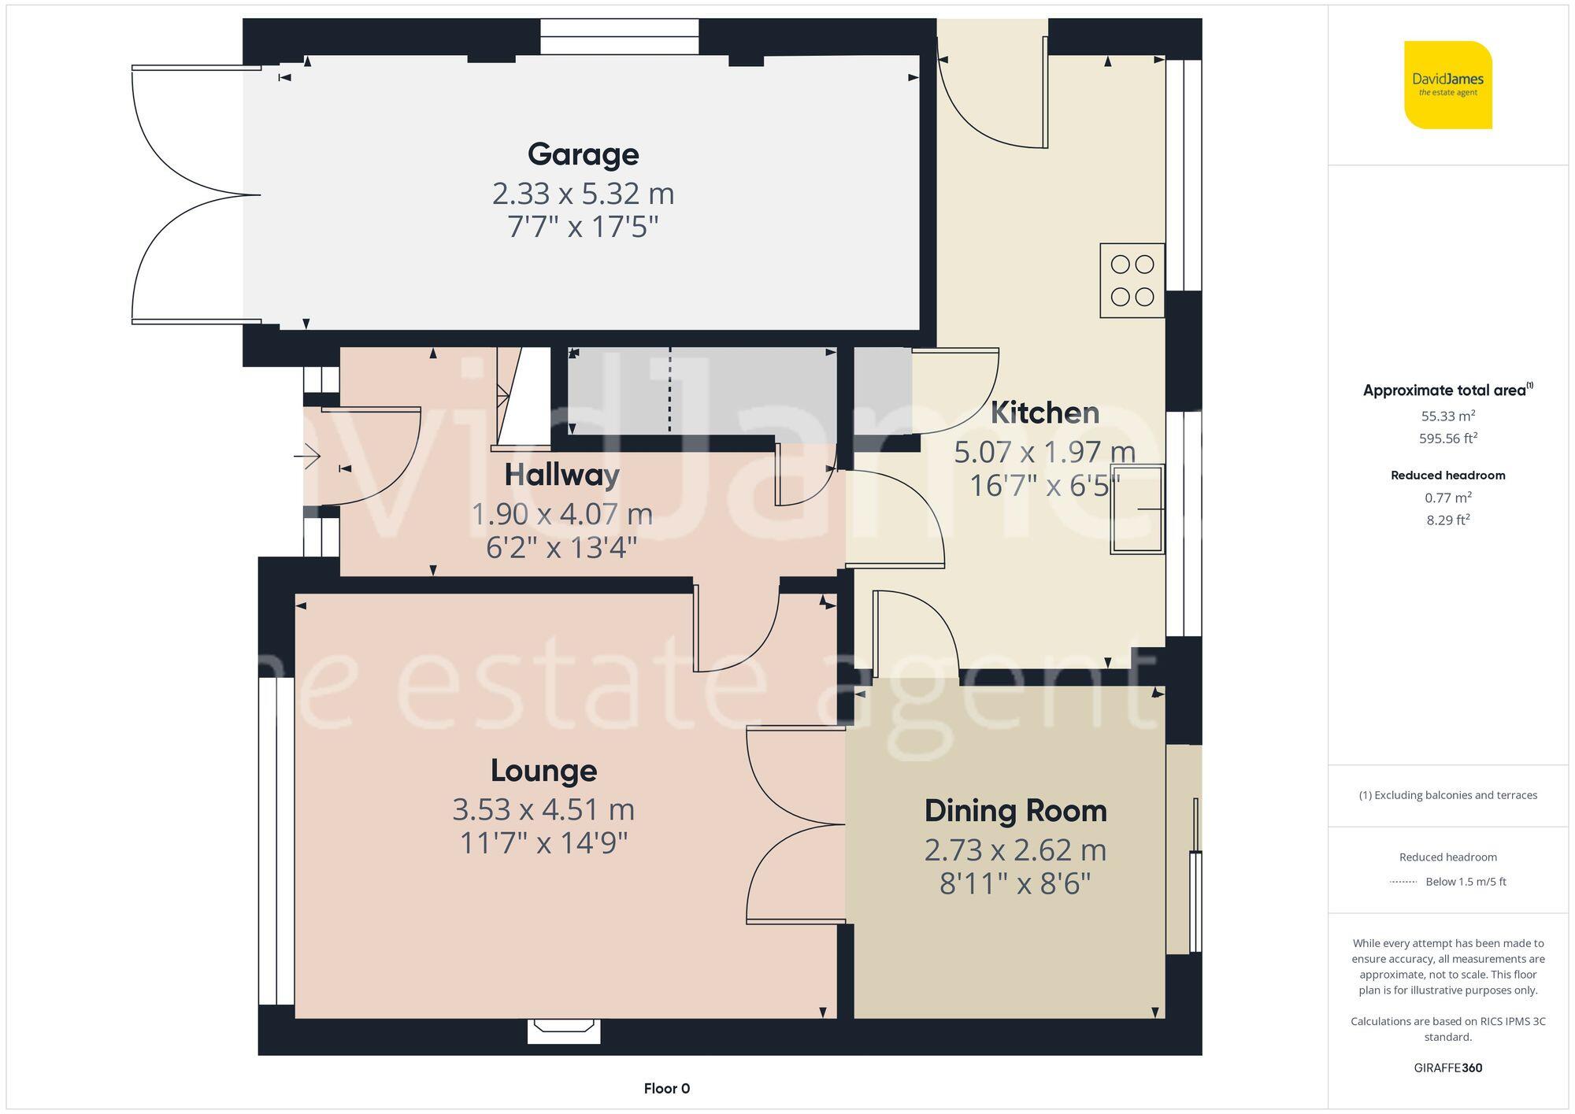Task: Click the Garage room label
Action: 583,154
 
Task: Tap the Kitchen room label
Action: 1044,413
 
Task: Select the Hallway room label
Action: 561,475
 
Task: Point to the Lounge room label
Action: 543,770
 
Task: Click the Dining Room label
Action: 1015,811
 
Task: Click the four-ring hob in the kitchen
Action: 1132,280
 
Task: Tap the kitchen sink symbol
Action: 1137,509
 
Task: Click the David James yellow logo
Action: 1447,85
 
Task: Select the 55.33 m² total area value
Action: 1447,416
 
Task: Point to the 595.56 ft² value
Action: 1447,439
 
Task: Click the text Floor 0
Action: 666,1089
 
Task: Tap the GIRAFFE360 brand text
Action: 1447,1068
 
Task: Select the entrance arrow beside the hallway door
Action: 308,456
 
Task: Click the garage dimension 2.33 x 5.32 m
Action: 583,194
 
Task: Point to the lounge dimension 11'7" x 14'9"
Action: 543,843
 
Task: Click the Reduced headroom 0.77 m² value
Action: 1447,498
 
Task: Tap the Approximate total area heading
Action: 1447,390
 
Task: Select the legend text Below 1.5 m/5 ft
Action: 1465,882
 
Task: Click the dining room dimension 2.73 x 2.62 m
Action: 1015,850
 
